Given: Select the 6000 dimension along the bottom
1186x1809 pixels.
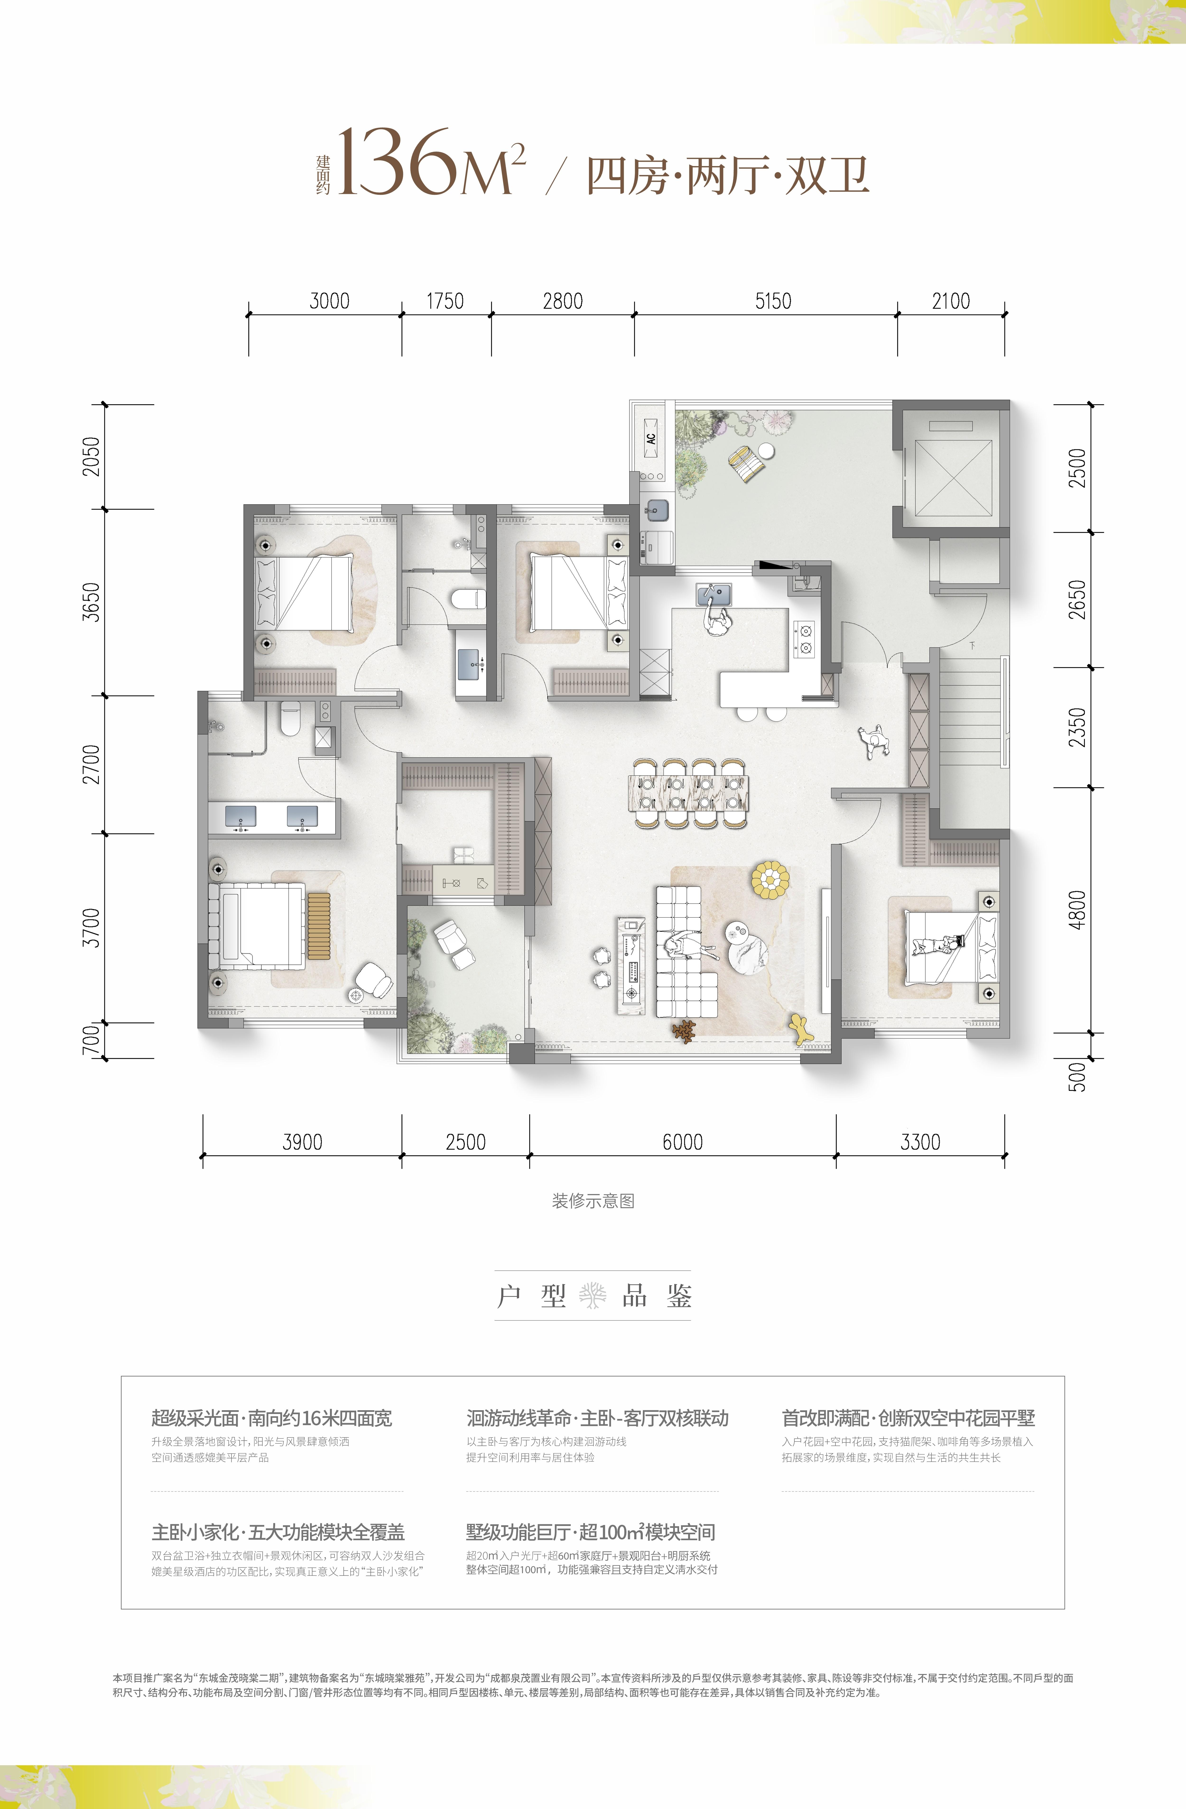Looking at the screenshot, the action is pos(682,1142).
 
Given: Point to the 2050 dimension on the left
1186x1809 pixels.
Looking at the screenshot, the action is pos(91,456).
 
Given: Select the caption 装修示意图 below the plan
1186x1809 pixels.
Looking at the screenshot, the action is pos(593,1201).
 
